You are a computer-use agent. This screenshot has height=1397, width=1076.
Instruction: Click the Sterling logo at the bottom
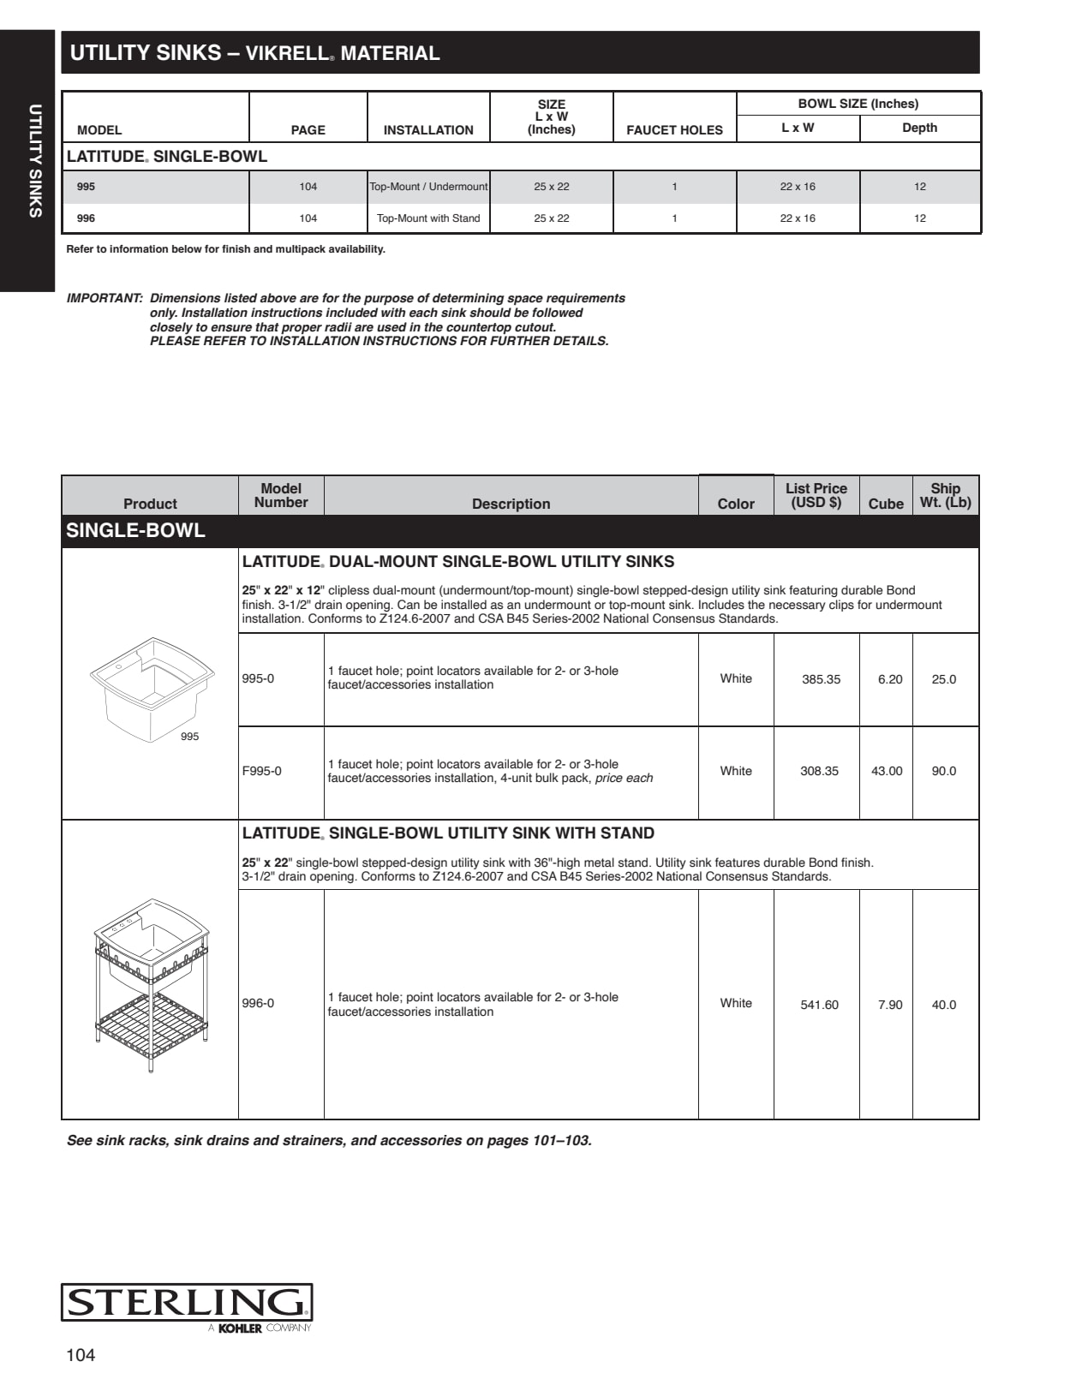tap(186, 1303)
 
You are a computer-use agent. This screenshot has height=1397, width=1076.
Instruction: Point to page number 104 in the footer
tap(81, 1355)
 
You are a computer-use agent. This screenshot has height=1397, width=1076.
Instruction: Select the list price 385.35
tap(821, 679)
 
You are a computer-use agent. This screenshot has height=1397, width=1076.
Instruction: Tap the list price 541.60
tap(819, 1005)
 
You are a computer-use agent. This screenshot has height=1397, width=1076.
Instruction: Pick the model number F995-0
tap(261, 771)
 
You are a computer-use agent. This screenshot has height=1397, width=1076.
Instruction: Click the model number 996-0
tap(258, 1003)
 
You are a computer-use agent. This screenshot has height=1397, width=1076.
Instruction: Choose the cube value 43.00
tap(887, 771)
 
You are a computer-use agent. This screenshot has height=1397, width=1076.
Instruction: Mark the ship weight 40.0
tap(943, 1005)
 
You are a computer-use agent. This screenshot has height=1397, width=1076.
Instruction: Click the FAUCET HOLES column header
tap(674, 130)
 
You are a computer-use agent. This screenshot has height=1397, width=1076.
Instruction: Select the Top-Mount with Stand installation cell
tap(428, 218)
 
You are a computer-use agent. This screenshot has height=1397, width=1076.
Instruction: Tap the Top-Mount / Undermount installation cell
tap(428, 187)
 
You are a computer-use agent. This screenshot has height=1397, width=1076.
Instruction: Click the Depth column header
tap(919, 128)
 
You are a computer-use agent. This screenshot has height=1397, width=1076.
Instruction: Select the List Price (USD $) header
tap(816, 495)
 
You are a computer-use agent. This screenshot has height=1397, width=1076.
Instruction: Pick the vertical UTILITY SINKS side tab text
tap(35, 161)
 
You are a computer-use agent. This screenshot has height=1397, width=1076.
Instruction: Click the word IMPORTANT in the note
tap(104, 298)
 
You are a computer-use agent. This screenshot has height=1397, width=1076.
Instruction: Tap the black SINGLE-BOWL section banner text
tap(135, 530)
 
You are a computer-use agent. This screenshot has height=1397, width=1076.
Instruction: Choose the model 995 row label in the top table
tap(86, 187)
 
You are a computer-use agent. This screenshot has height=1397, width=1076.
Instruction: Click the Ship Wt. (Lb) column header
tap(945, 495)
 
